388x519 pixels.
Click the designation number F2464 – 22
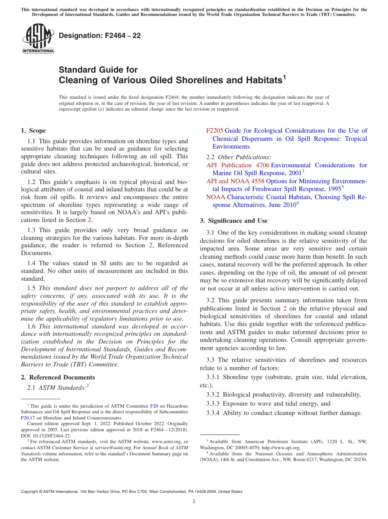click(100, 35)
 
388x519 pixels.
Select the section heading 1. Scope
click(33, 131)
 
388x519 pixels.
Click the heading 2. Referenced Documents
click(58, 377)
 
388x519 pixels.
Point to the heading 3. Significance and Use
click(234, 221)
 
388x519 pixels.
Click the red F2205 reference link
click(214, 131)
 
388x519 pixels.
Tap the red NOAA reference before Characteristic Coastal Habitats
click(215, 197)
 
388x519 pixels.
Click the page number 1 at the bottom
click(194, 501)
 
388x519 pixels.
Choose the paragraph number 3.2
click(212, 300)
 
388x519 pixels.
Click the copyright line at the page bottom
click(132, 492)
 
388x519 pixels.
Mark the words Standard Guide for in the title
click(98, 70)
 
